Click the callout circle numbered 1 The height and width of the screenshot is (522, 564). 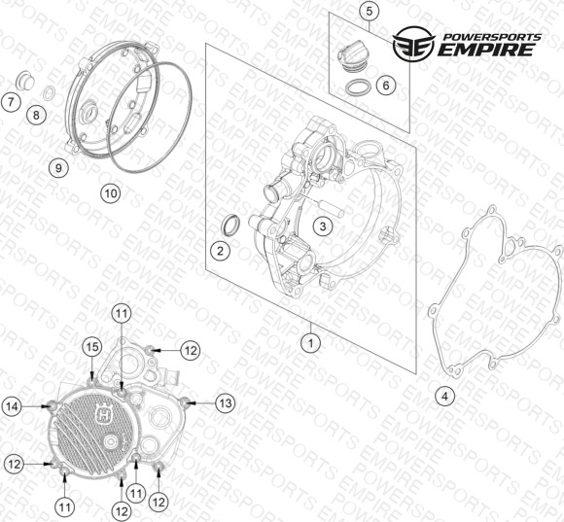coord(310,343)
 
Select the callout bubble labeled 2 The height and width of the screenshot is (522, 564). coord(220,251)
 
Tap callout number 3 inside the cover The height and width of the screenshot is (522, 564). coord(323,226)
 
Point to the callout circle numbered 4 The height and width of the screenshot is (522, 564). coord(445,397)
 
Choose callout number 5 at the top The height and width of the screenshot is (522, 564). coord(370,11)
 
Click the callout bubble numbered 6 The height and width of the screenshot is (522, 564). coord(386,86)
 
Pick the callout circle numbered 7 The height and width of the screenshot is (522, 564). coord(11,102)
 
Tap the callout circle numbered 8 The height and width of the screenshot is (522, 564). coord(36,115)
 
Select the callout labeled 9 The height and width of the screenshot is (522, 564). coord(58,167)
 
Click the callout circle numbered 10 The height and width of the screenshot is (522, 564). coord(111,193)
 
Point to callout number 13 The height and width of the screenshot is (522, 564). coord(226,403)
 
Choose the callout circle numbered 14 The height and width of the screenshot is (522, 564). coord(13,406)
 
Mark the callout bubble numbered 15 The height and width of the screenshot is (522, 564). coord(92,347)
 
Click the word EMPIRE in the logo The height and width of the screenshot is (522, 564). coord(486,50)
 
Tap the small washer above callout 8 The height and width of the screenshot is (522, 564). coord(49,92)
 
